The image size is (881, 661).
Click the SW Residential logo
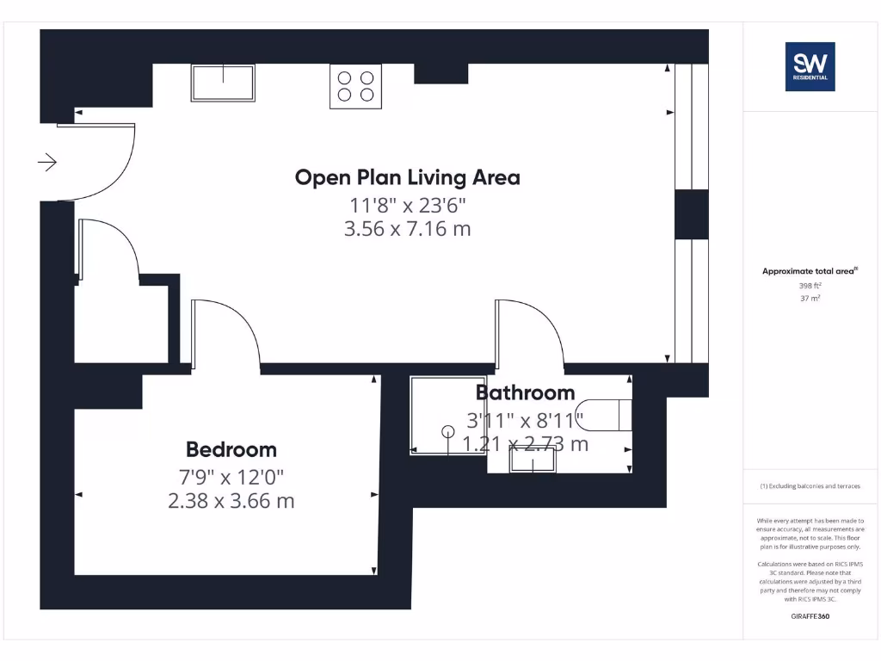point(810,66)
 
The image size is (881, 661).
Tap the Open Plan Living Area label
point(407,177)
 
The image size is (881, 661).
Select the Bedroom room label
point(231,449)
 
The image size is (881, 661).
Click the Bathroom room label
point(525,393)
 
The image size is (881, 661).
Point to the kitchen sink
point(224,83)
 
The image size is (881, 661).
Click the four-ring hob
point(355,86)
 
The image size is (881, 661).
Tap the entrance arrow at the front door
point(47,162)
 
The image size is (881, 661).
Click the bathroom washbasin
point(533,461)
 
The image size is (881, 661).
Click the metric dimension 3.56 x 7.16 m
point(407,229)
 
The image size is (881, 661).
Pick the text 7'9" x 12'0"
point(231,476)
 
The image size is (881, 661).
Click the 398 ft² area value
point(810,284)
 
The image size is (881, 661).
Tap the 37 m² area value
point(810,298)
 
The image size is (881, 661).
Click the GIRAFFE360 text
point(810,616)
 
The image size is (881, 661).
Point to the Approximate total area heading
point(810,271)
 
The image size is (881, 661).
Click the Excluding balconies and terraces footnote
point(810,486)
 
